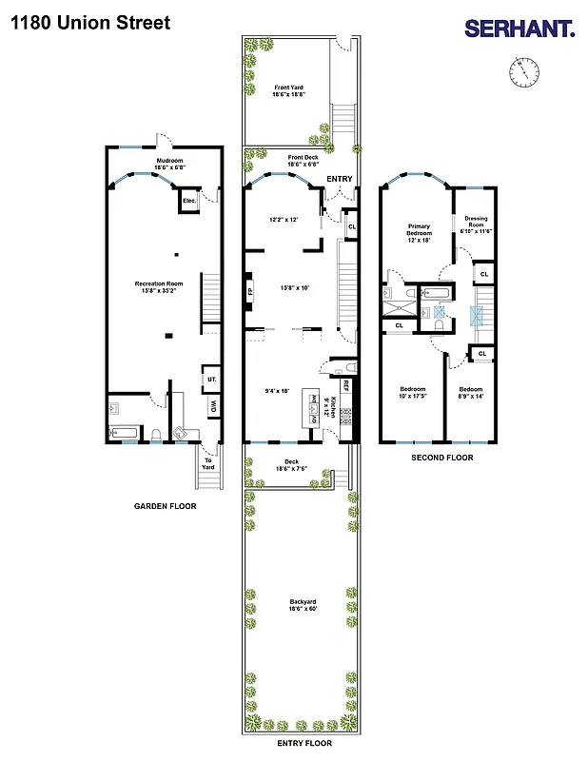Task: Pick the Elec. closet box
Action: [x=189, y=201]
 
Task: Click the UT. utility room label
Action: [x=210, y=380]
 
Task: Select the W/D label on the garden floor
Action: [x=212, y=408]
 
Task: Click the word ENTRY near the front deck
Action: [x=339, y=179]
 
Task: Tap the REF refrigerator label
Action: [x=346, y=386]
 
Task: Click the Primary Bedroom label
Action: [x=420, y=233]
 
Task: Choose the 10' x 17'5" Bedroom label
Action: [x=414, y=393]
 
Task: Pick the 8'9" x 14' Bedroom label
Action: [x=470, y=393]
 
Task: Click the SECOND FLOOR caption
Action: [x=441, y=458]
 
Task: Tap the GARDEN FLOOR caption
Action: [x=165, y=506]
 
